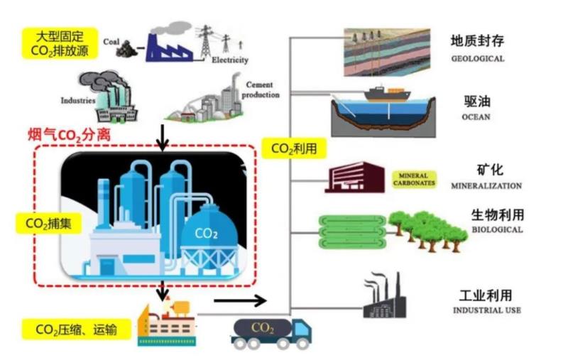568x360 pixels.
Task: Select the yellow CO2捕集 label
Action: tap(43, 224)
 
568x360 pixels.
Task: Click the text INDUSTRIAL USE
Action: tap(486, 310)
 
